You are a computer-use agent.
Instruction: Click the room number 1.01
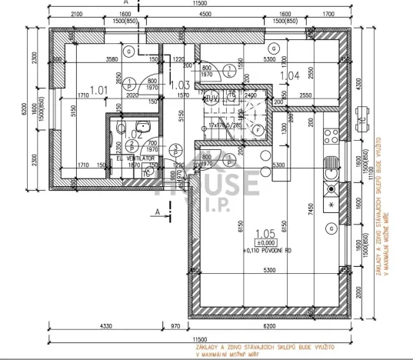coord(98,90)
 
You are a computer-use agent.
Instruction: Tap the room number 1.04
coord(290,76)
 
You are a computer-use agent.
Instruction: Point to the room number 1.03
coord(179,85)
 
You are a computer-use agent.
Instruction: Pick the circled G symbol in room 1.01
coord(130,51)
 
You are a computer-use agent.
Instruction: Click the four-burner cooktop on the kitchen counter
coord(331,205)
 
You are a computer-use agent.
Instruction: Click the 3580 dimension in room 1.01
coord(113,58)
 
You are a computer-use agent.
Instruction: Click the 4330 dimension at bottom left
coord(105,326)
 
